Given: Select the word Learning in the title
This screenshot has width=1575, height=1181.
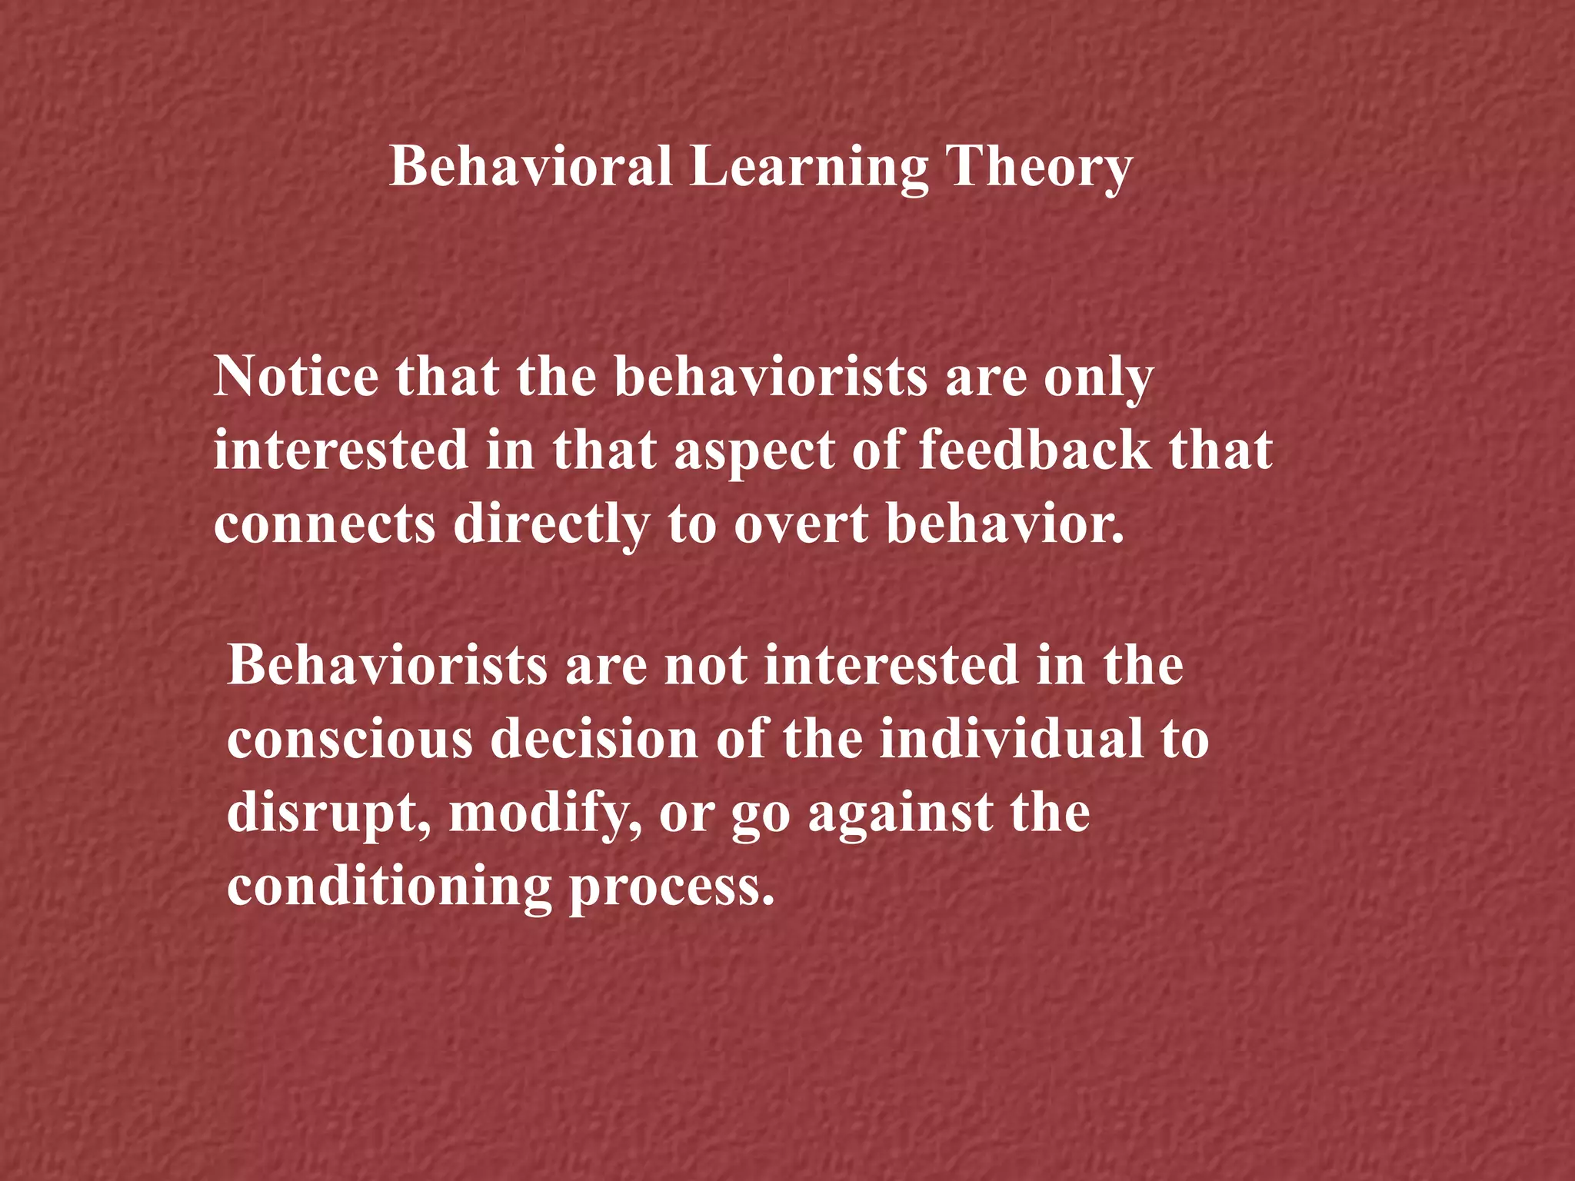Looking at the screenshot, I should pos(808,168).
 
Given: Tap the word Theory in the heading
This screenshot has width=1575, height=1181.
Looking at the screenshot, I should pos(1038,168).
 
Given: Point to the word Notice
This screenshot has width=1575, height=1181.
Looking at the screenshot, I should pos(296,376).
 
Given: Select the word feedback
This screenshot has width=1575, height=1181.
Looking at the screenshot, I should pos(1035,450).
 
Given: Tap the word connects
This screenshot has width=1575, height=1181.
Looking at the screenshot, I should pos(325,524).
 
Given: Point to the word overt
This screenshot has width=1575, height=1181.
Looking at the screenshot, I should pos(801,524).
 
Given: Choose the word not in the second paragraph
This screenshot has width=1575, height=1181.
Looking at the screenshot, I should pos(705,665).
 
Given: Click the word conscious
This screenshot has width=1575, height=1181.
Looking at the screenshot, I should pos(350,739).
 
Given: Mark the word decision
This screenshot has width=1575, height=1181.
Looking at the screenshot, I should pos(594,739).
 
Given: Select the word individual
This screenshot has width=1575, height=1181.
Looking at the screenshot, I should pos(1011,739).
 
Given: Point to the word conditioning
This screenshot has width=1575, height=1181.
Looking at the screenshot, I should pos(389,887).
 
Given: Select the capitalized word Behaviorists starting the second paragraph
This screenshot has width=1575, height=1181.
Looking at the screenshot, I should pos(388,665).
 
